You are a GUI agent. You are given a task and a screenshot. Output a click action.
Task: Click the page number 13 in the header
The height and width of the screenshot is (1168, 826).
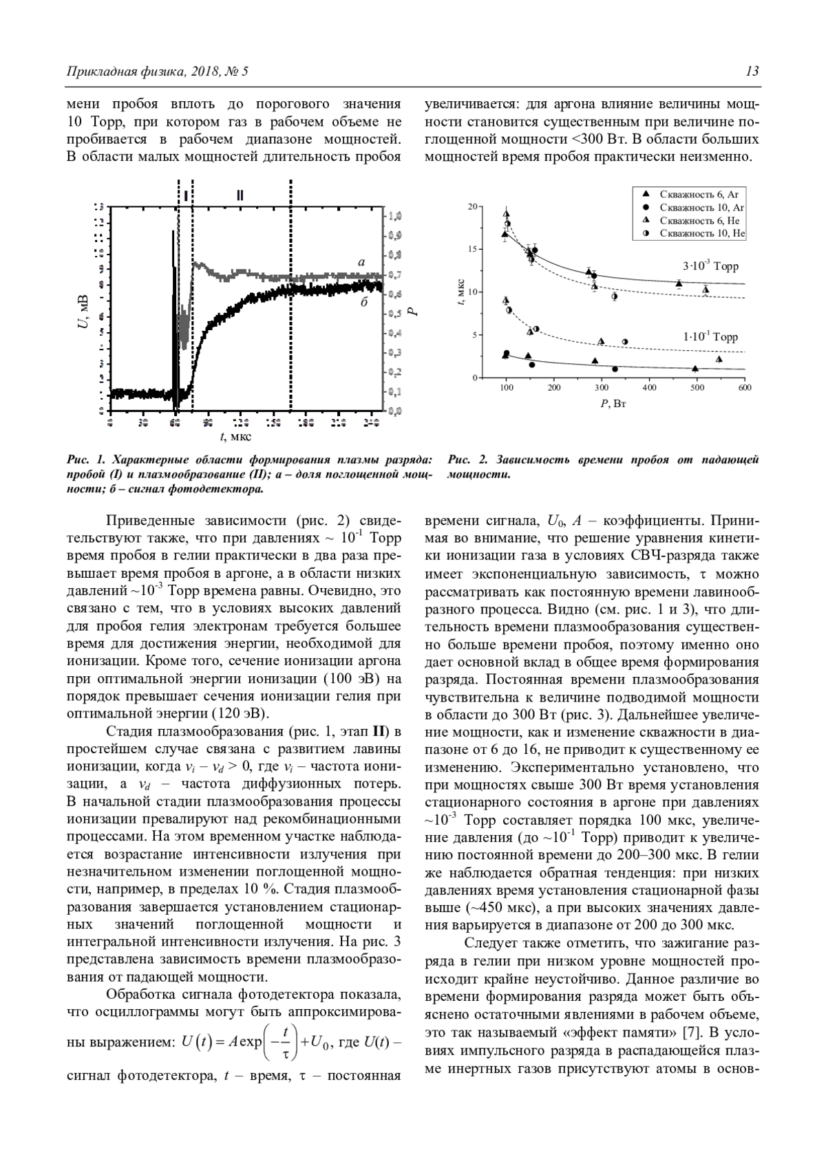[752, 72]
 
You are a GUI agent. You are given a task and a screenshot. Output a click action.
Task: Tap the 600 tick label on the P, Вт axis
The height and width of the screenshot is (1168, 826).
[744, 388]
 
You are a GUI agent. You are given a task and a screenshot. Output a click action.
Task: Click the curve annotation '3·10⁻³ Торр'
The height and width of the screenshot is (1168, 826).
[710, 266]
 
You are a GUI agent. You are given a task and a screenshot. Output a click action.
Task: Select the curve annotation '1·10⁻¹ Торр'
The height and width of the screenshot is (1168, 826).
[710, 337]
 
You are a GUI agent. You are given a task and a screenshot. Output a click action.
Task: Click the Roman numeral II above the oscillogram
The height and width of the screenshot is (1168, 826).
[240, 195]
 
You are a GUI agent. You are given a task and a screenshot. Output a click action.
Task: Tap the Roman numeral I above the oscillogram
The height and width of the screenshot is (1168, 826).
[186, 195]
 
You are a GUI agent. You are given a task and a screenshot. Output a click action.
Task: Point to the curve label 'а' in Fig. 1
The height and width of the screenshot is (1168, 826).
[361, 262]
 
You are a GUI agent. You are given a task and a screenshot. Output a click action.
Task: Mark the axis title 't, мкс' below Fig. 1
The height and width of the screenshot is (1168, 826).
[235, 436]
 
